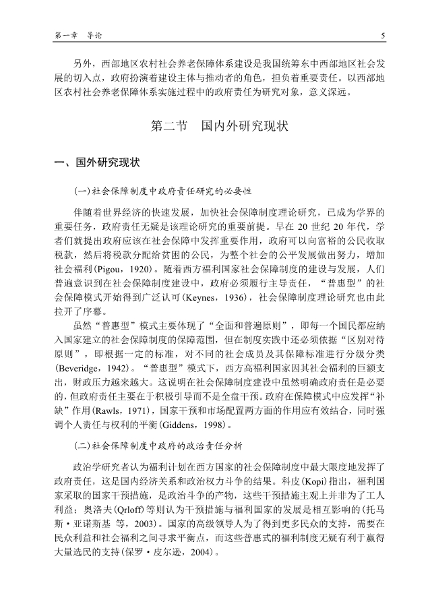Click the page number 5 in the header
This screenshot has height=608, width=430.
[382, 36]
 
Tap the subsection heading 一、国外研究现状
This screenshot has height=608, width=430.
[97, 162]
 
